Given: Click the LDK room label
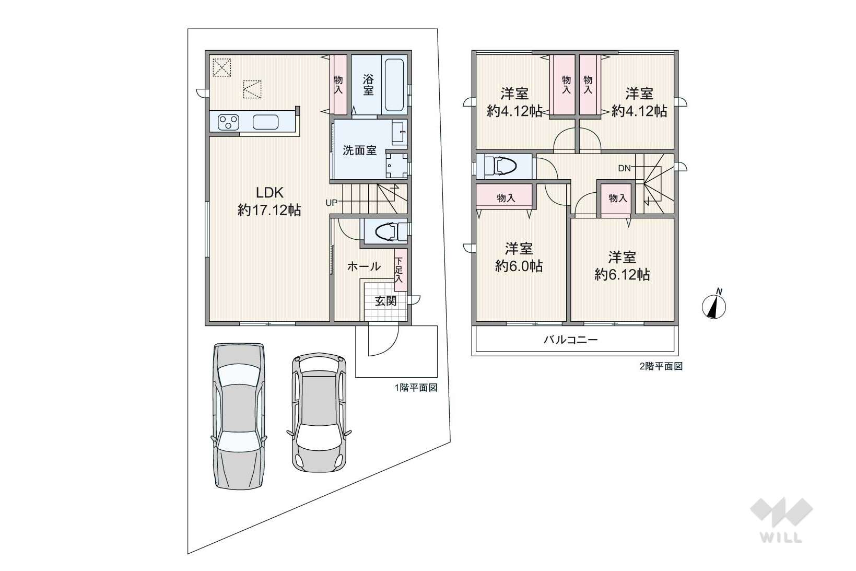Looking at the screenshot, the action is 270,193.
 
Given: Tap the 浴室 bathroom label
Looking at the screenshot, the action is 368,85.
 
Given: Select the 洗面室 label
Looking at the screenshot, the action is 359,150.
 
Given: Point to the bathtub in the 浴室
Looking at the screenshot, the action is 394,85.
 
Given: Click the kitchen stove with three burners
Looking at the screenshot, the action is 229,122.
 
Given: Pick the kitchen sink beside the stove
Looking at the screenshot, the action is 265,122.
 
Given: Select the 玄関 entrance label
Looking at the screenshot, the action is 385,301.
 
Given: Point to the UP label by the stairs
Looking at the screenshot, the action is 331,203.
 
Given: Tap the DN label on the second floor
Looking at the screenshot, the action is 625,168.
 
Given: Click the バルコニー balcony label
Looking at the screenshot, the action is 570,340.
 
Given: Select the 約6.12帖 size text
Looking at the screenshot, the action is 622,275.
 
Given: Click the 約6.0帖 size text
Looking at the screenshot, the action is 519,265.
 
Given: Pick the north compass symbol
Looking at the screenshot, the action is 714,305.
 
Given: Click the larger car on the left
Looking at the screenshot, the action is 239,416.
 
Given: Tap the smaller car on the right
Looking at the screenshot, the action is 319,412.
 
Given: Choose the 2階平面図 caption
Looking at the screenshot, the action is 661,366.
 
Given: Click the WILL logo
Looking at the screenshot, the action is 781,520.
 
